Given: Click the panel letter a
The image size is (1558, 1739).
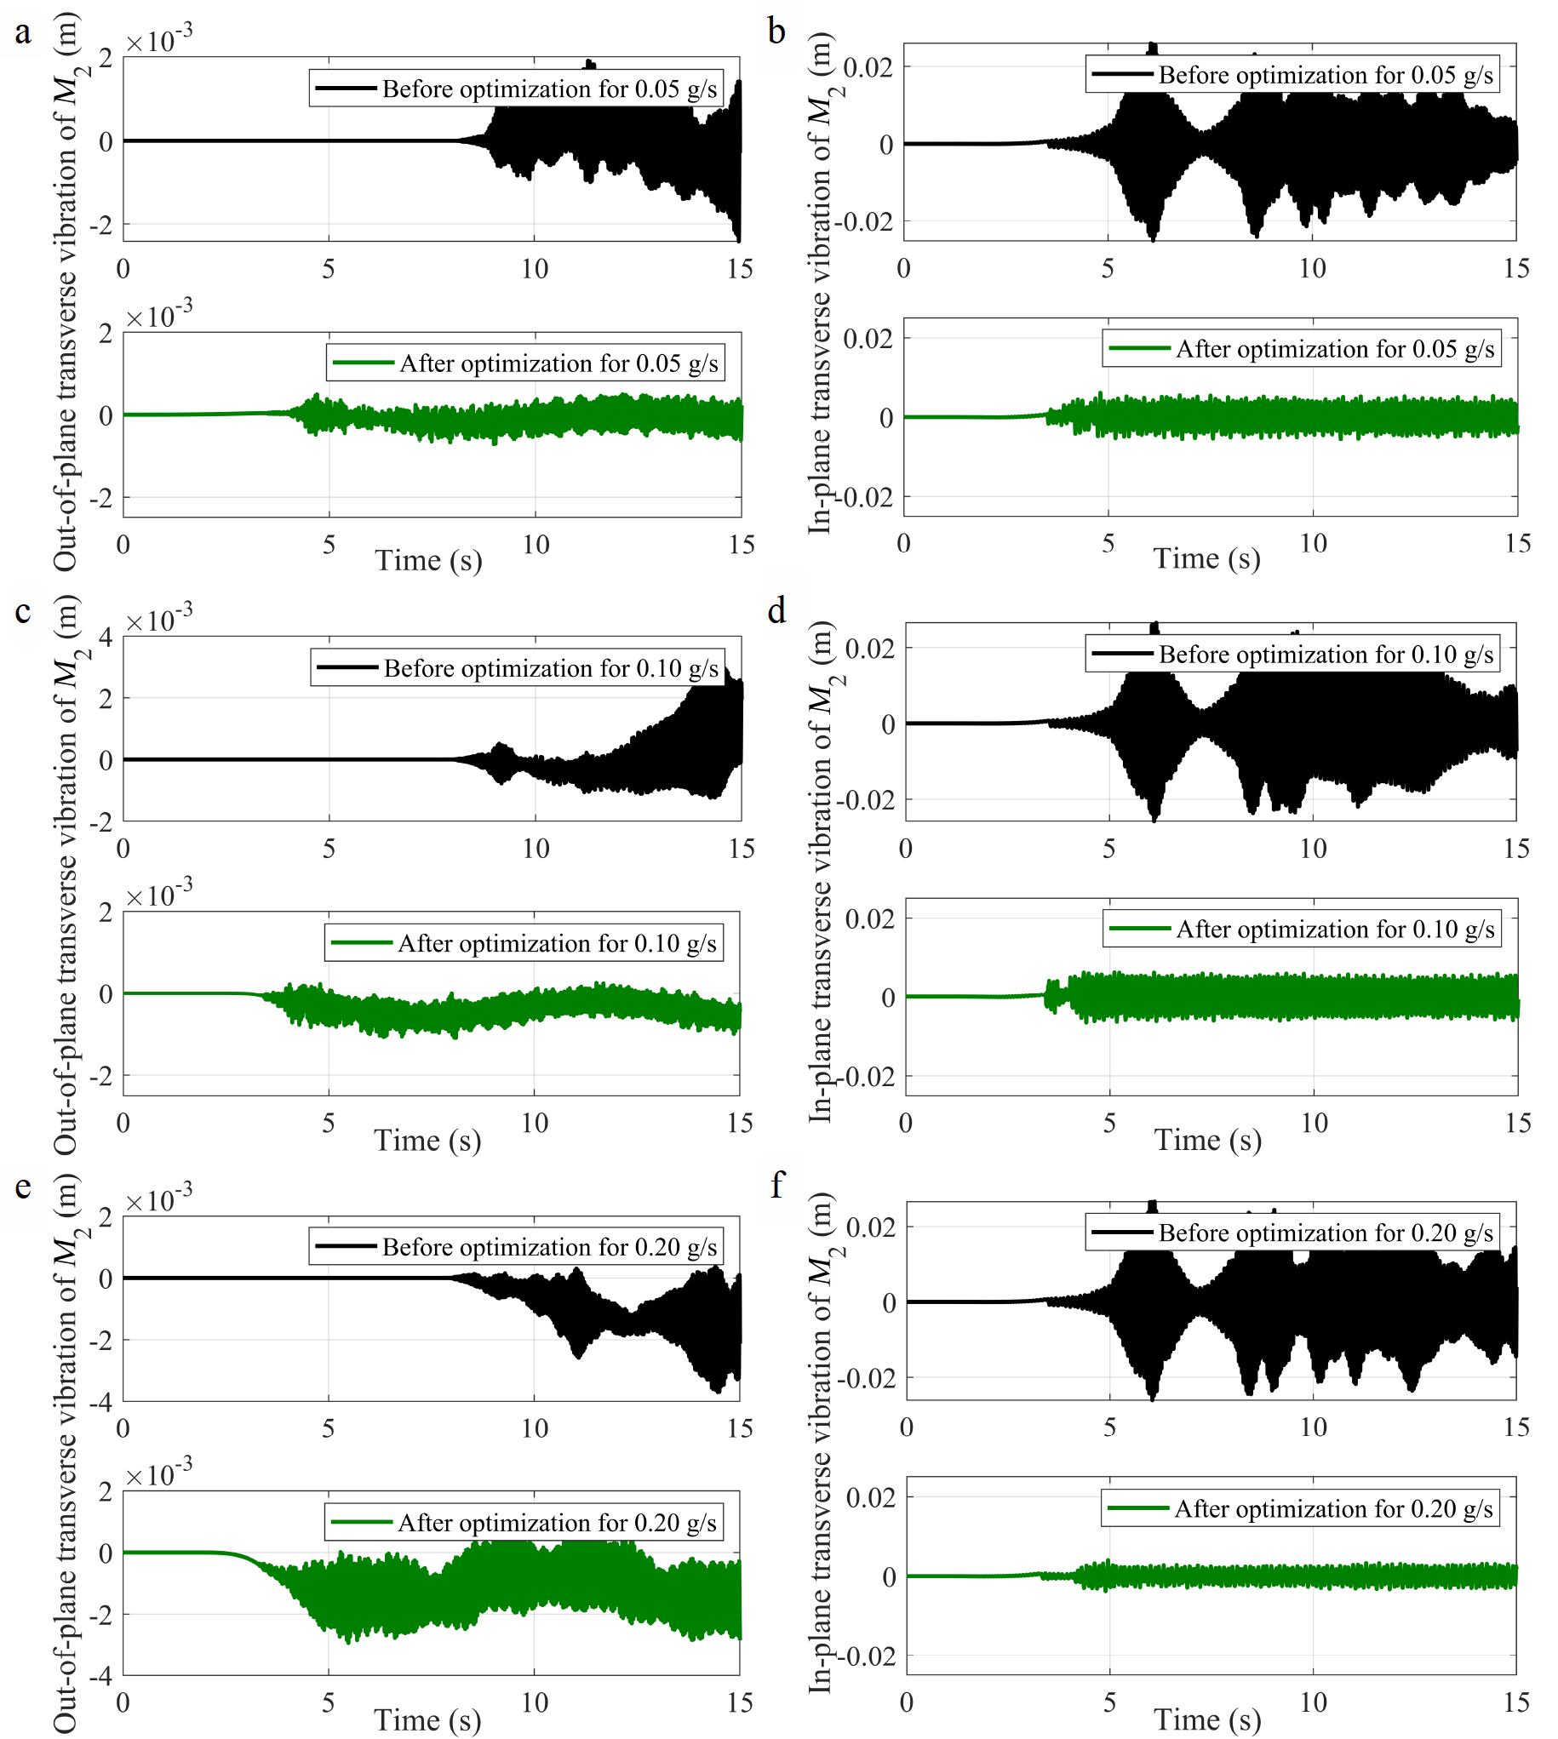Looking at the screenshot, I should click(x=23, y=33).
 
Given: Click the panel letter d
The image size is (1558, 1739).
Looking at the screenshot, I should click(x=776, y=611).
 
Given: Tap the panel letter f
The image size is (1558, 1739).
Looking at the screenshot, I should click(x=776, y=1185).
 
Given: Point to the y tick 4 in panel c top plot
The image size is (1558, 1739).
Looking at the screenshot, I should click(x=106, y=638).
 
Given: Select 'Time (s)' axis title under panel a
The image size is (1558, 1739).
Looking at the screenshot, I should click(x=428, y=561).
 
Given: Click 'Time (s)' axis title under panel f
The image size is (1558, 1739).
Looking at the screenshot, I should click(x=1207, y=1719).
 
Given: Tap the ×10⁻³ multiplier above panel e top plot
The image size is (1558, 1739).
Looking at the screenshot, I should click(x=159, y=1199).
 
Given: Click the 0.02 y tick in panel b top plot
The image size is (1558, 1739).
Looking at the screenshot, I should click(x=868, y=66).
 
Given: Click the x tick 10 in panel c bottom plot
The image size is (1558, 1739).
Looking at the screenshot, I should click(x=535, y=1123).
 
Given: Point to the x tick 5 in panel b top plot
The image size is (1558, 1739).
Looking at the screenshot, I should click(x=1108, y=269).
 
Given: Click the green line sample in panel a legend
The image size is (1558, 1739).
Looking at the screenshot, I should click(x=363, y=363).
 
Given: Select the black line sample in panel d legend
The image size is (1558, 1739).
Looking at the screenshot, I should click(x=1121, y=654).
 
